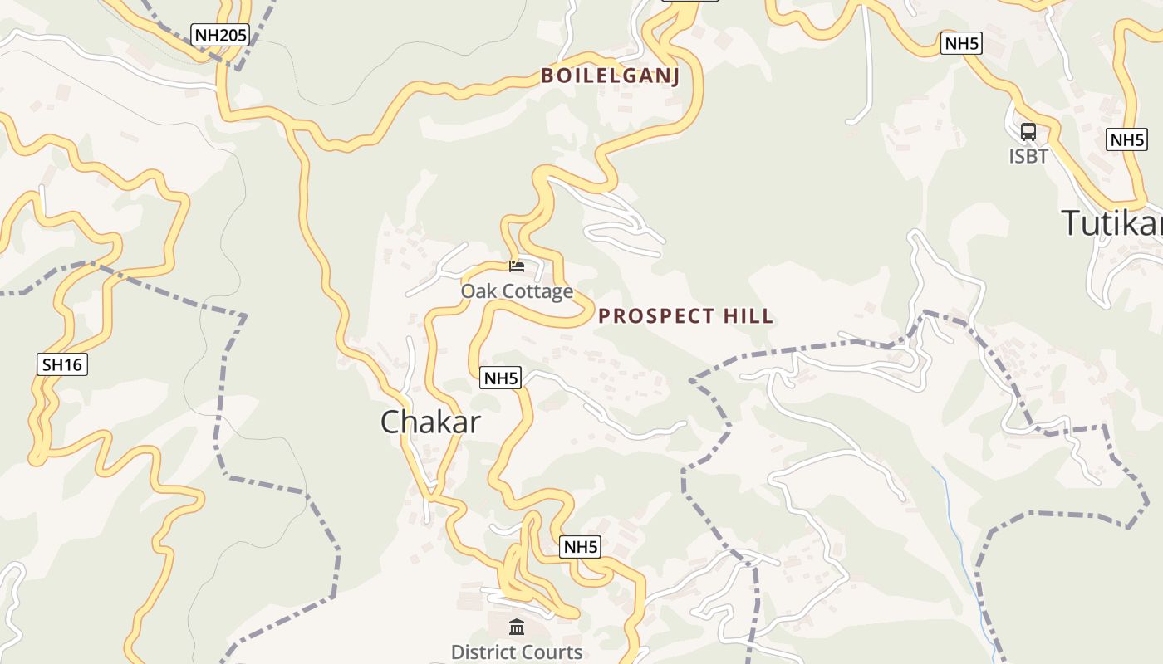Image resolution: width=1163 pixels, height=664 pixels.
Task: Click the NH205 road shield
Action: point(220,36)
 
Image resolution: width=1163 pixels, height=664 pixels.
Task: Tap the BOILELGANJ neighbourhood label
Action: point(610,76)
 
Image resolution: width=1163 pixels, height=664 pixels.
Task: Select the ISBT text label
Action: point(1028,156)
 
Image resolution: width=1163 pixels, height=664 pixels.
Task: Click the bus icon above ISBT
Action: point(1028,132)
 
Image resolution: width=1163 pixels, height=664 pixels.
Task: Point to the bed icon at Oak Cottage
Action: point(517,266)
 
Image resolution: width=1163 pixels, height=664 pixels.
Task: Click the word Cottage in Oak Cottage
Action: point(540,291)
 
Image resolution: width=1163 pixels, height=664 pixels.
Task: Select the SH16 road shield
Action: point(62,364)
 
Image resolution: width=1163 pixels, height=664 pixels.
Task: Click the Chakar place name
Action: point(430,422)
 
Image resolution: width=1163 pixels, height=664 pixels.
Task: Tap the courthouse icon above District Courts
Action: point(517,627)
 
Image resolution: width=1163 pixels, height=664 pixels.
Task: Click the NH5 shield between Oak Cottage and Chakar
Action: point(501,378)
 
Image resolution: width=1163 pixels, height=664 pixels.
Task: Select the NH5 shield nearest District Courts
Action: point(581,547)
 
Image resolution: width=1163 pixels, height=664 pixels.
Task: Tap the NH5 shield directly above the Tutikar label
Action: point(1127,139)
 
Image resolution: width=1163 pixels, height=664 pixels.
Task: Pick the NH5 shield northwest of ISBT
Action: point(961,44)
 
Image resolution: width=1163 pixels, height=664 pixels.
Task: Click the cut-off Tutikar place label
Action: point(1111,223)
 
